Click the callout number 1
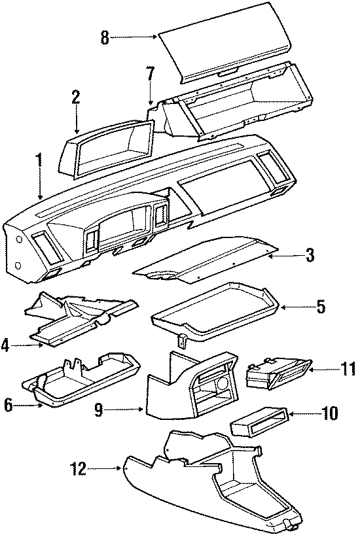coord(39,160)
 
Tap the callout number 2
coord(76,97)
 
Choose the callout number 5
coord(320,305)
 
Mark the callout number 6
coord(9,406)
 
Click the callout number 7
coord(150,74)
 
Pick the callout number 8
coord(104,38)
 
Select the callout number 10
coord(329,413)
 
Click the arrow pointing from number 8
coord(134,38)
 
